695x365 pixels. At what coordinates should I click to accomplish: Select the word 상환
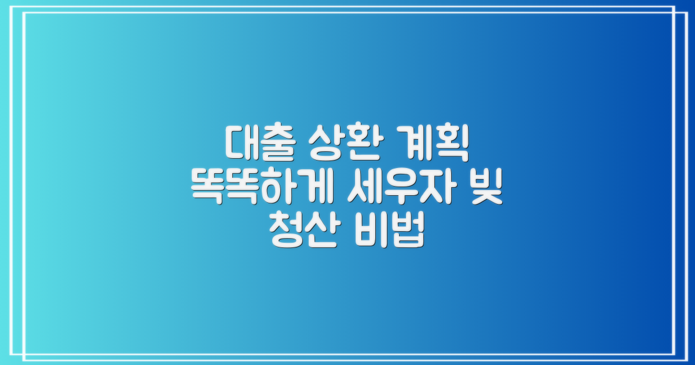(347, 144)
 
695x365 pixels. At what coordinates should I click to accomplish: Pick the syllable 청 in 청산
(283, 233)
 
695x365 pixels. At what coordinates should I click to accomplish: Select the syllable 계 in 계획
(416, 144)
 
